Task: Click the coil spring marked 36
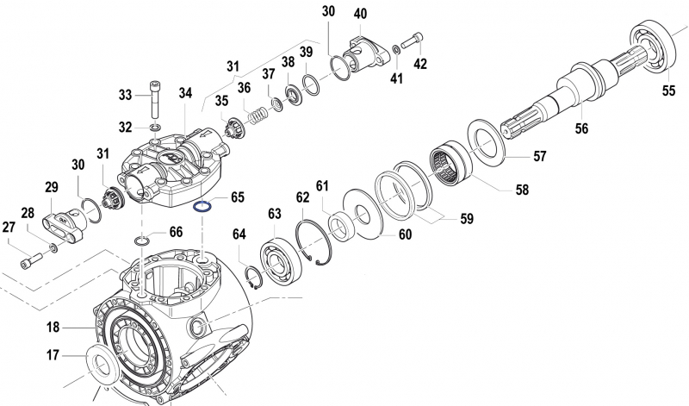pos(256,112)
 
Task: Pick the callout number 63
pos(275,212)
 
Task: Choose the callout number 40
pos(360,14)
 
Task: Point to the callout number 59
pos(466,219)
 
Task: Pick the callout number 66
pos(175,232)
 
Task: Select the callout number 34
pos(186,93)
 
